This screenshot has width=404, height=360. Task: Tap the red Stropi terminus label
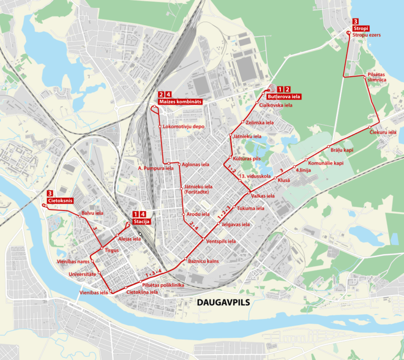click(x=361, y=28)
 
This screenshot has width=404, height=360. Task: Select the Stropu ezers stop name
click(x=367, y=35)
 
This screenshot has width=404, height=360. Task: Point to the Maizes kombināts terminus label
click(x=180, y=101)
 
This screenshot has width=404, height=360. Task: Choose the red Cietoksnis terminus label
click(x=59, y=201)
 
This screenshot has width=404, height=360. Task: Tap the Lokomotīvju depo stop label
click(x=184, y=127)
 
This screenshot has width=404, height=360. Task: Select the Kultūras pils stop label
click(x=247, y=158)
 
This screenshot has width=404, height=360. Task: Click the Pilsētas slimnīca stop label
click(x=377, y=77)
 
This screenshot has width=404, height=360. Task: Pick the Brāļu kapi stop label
click(x=341, y=150)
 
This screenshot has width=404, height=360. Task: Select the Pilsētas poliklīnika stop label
click(x=163, y=285)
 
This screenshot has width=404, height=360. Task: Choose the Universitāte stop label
click(x=82, y=274)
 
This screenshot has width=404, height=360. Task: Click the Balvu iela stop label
click(x=92, y=213)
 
